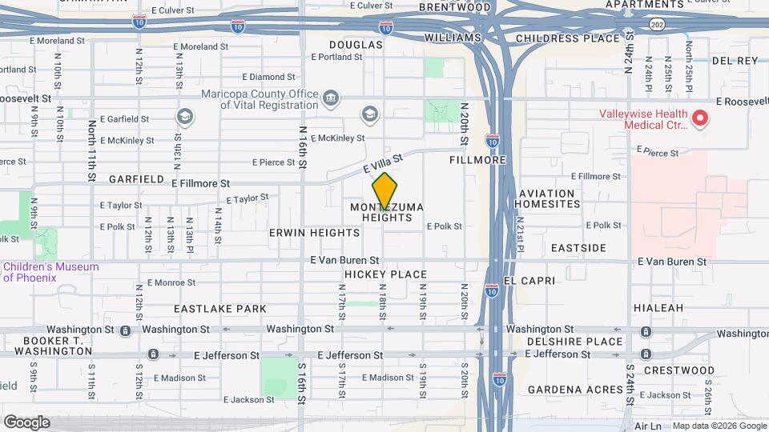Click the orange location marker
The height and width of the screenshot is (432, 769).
[384, 190]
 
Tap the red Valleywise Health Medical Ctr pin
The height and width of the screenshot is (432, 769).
[700, 119]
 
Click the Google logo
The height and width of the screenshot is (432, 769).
[26, 422]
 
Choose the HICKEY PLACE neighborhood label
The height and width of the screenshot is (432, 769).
[385, 274]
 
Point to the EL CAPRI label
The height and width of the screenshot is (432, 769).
[526, 281]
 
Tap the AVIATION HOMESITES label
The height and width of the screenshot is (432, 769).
[549, 198]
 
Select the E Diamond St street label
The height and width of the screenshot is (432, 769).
[268, 77]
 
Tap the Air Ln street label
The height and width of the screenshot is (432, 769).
[647, 426]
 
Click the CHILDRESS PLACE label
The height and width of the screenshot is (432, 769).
[568, 38]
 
